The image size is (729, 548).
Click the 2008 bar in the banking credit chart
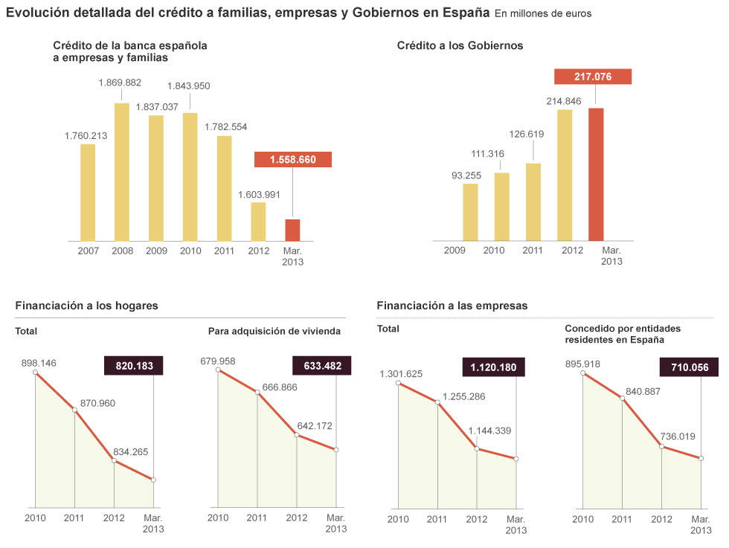click(x=122, y=172)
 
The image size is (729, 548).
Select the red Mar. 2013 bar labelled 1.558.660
click(x=292, y=230)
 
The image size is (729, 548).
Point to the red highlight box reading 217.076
click(x=593, y=77)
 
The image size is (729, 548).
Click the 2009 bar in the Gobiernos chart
click(x=470, y=212)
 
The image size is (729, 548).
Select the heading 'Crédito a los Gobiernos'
click(x=460, y=45)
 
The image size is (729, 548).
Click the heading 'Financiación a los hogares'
click(x=86, y=306)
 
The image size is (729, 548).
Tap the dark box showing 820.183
click(x=133, y=366)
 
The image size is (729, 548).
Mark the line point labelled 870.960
click(x=74, y=410)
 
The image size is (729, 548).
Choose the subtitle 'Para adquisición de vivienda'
click(x=274, y=331)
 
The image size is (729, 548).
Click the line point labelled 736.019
click(x=661, y=446)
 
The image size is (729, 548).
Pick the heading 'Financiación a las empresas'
click(x=452, y=306)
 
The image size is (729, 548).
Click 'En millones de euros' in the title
click(x=543, y=14)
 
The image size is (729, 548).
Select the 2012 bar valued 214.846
click(x=565, y=175)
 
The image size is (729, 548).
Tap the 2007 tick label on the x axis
click(x=88, y=251)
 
